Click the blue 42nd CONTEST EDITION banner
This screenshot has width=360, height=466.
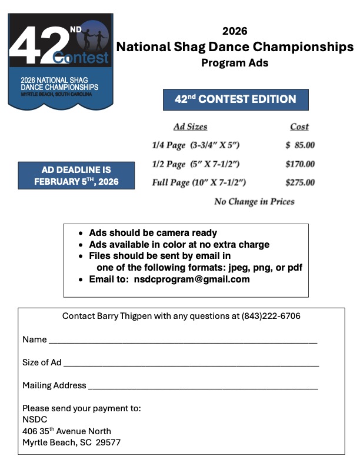(235, 99)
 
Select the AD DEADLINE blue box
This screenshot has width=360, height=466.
(76, 175)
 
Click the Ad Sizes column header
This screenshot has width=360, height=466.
(190, 127)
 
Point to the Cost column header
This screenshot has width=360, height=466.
(299, 127)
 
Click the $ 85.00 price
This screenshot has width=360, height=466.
(300, 145)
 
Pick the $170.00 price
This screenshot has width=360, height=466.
(300, 164)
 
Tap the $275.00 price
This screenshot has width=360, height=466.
(300, 182)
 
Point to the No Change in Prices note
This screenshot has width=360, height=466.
(254, 201)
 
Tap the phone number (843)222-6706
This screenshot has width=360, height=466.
(271, 316)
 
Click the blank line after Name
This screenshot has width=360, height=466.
(182, 341)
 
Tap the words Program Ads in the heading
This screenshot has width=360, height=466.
(235, 63)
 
